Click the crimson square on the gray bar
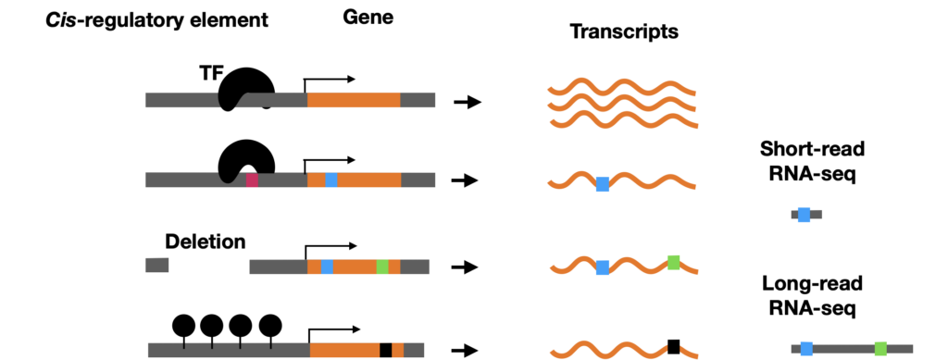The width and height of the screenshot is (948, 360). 252,180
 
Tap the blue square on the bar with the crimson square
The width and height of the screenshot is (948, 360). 331,180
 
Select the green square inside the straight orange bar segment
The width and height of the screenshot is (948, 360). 382,267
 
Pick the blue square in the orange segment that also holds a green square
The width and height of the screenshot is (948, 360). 327,267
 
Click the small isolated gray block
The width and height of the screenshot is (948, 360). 157,265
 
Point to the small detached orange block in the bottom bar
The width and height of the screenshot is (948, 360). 397,350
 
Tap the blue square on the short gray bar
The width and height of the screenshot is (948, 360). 804,215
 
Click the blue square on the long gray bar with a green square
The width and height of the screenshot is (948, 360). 806,349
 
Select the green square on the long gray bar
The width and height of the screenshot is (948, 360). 880,349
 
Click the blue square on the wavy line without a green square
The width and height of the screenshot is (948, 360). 603,184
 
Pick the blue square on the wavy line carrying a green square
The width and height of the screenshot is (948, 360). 603,267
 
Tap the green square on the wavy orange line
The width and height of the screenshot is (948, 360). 674,262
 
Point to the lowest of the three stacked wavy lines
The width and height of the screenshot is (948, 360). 622,119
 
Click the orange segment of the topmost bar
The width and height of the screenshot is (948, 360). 354,100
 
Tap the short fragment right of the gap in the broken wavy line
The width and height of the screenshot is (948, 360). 689,353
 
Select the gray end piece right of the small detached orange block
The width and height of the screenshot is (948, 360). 415,350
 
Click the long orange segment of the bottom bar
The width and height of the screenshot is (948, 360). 344,350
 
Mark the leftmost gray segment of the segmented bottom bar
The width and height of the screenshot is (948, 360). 166,350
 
